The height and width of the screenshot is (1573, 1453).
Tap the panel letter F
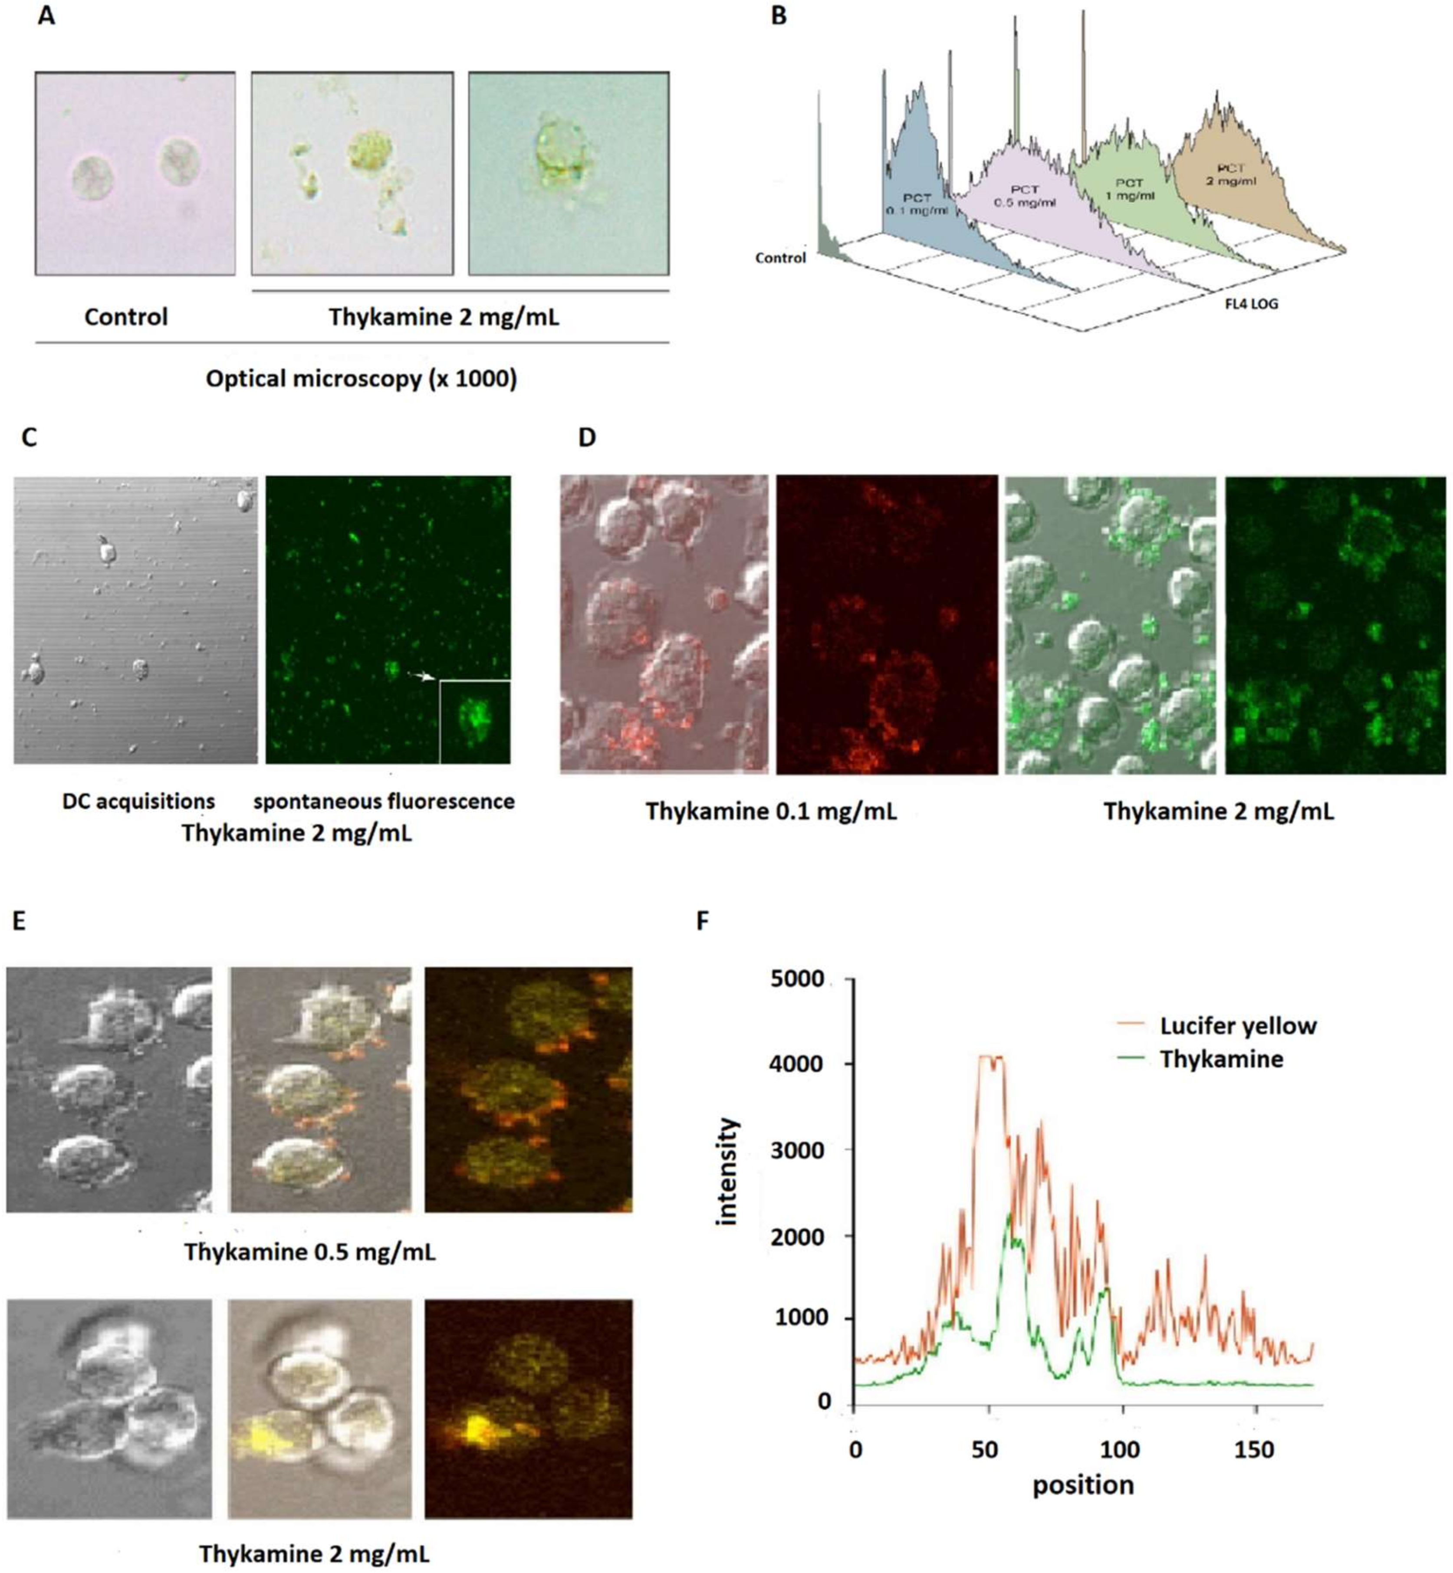click(x=703, y=920)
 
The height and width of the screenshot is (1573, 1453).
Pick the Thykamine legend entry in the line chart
click(x=1221, y=1060)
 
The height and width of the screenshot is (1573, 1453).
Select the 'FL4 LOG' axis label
click(x=1251, y=303)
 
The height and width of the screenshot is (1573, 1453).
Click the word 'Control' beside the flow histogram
click(x=780, y=258)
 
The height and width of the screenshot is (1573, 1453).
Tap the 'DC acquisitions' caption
click(x=138, y=802)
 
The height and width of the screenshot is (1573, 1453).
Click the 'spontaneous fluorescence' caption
click(x=384, y=802)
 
